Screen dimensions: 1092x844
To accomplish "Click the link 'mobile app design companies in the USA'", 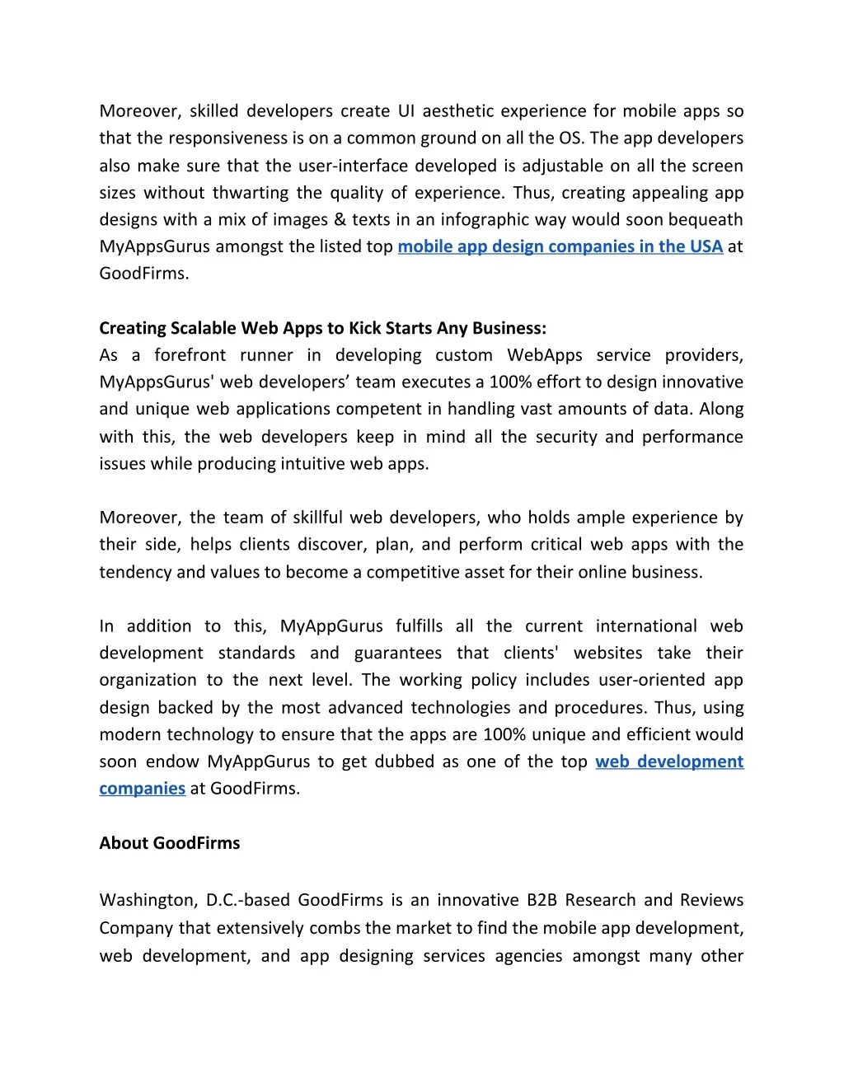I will (560, 246).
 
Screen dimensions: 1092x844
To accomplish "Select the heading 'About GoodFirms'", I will (170, 843).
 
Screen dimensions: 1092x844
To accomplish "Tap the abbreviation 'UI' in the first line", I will (406, 111).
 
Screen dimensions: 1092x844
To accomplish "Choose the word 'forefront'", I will (190, 355).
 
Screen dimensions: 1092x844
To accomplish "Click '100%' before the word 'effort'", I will (509, 382).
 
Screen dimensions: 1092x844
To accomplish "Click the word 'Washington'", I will (146, 900).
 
